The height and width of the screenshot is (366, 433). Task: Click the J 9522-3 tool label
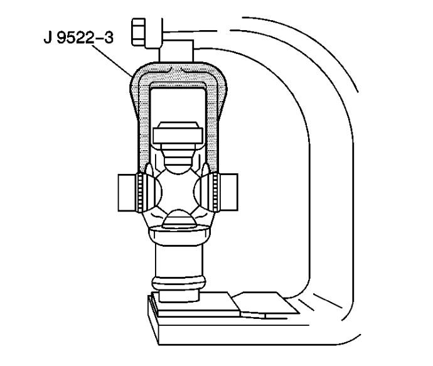coord(78,38)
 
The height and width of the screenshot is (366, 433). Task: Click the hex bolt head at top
coord(138,32)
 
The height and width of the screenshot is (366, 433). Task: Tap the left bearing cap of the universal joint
coord(127,193)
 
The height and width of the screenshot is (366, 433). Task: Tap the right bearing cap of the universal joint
coord(229,192)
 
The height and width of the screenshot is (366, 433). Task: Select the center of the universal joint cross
coord(178,191)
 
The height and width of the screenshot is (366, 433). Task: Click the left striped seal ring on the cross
coord(141,192)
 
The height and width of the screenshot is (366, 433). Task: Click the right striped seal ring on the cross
coord(216,192)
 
